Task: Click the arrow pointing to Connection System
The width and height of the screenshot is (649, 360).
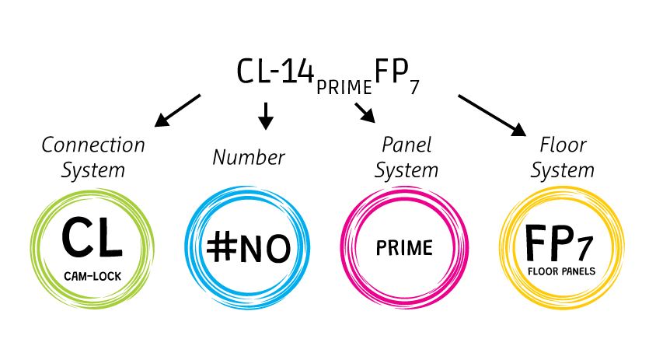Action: click(177, 110)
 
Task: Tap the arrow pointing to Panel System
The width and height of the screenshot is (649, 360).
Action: click(365, 113)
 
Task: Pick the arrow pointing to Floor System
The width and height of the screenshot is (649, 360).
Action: click(491, 114)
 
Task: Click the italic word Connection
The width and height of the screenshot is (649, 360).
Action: click(93, 145)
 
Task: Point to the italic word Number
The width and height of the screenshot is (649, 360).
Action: click(249, 158)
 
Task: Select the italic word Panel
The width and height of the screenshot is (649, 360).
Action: click(406, 145)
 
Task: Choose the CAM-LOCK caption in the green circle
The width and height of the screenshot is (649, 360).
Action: click(92, 274)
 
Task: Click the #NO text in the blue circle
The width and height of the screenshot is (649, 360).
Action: click(249, 247)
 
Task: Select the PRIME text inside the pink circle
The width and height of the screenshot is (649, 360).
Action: click(404, 249)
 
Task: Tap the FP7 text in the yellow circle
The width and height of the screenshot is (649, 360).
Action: click(560, 243)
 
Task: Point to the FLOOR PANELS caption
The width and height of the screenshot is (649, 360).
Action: click(560, 273)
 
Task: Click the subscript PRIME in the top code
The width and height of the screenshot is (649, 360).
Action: click(344, 86)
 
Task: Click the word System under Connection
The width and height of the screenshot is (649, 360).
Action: click(93, 169)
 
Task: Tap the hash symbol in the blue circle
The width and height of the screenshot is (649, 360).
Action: click(222, 247)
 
